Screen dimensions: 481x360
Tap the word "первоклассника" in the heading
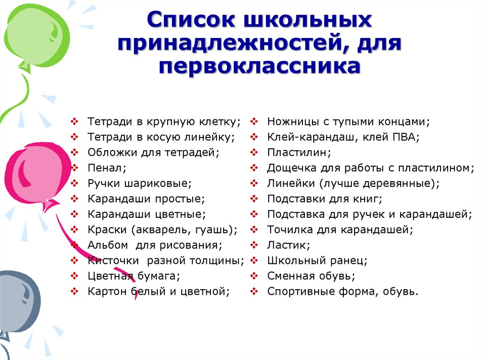pyautogui.click(x=259, y=66)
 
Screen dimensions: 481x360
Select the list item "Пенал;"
pyautogui.click(x=107, y=168)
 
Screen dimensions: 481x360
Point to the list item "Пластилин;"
pyautogui.click(x=299, y=153)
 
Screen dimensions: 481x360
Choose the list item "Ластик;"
pyautogui.click(x=289, y=245)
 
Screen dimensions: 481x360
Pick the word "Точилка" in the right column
pyautogui.click(x=289, y=230)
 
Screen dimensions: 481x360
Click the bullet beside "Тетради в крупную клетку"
pyautogui.click(x=75, y=122)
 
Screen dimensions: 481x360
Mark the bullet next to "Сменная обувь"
pyautogui.click(x=254, y=276)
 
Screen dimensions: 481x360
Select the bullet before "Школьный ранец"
pyautogui.click(x=254, y=260)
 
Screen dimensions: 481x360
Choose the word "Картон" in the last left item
pyautogui.click(x=107, y=291)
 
